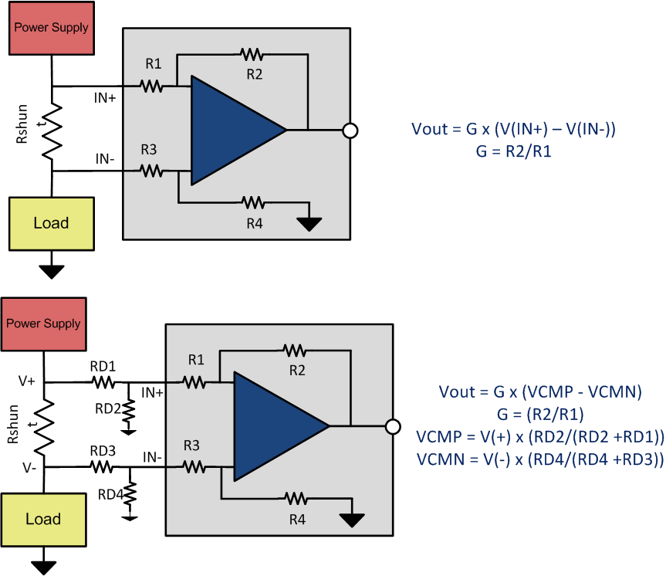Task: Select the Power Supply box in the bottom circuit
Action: point(43,324)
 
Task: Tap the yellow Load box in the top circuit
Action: point(51,223)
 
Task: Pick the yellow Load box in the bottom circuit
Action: point(43,519)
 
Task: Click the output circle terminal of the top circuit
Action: point(350,130)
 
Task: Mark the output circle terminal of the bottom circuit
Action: point(393,426)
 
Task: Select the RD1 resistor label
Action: point(103,366)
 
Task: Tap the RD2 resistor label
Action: point(108,408)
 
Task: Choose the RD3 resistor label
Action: point(103,451)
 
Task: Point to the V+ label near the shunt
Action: point(27,381)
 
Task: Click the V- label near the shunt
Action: point(27,467)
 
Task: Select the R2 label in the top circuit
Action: point(255,74)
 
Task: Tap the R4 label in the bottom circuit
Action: point(297,520)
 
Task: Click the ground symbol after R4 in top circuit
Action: point(310,224)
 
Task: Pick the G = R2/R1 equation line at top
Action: point(513,152)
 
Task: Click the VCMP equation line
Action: point(540,437)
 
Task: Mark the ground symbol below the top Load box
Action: point(52,270)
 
